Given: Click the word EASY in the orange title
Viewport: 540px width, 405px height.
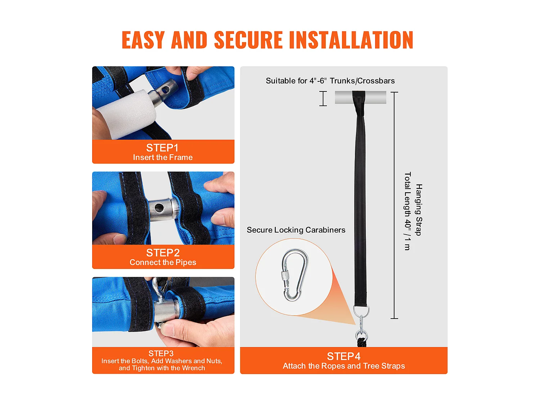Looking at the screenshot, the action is point(143,40).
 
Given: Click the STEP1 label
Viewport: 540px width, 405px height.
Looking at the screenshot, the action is point(162,148).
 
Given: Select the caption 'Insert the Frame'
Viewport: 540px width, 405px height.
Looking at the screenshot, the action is point(163,157).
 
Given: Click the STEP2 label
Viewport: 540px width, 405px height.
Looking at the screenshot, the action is point(163,253).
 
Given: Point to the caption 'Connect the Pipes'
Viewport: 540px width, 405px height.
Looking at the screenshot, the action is point(163,262).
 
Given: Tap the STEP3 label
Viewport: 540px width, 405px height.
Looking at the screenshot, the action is point(161,354).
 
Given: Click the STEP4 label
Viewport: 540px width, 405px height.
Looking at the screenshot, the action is point(343,356).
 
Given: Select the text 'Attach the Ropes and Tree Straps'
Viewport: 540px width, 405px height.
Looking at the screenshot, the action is point(344,366).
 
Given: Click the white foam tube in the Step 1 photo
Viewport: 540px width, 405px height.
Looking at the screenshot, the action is point(128,111).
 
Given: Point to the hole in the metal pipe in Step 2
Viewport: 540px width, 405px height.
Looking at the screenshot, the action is point(159,208).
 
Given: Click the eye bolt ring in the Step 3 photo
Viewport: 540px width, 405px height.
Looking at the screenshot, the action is point(157,287).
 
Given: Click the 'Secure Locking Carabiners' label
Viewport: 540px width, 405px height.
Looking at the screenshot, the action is point(296,230).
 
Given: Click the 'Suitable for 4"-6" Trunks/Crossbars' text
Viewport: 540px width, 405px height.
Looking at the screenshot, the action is point(330,81).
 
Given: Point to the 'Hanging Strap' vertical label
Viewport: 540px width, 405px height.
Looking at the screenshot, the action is point(419,210).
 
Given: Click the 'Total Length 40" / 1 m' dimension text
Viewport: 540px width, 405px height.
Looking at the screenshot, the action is point(408,211).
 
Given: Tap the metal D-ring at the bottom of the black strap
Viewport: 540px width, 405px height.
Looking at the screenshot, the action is point(361,311).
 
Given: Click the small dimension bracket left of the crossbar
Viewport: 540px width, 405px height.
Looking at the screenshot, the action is point(323,99).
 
